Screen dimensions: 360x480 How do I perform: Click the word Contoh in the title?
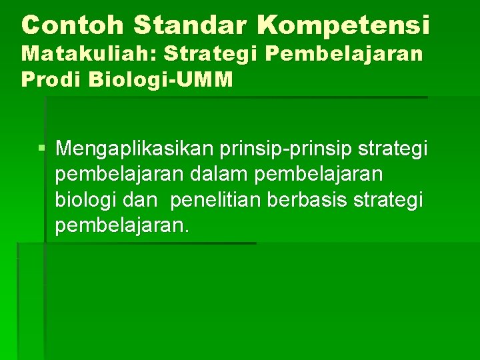click(73, 25)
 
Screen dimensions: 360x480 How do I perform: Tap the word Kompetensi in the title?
click(344, 25)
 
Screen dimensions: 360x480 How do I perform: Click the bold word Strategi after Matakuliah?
click(204, 55)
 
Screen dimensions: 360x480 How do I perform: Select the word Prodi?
click(47, 80)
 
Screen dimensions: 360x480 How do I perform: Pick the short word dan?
click(139, 200)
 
